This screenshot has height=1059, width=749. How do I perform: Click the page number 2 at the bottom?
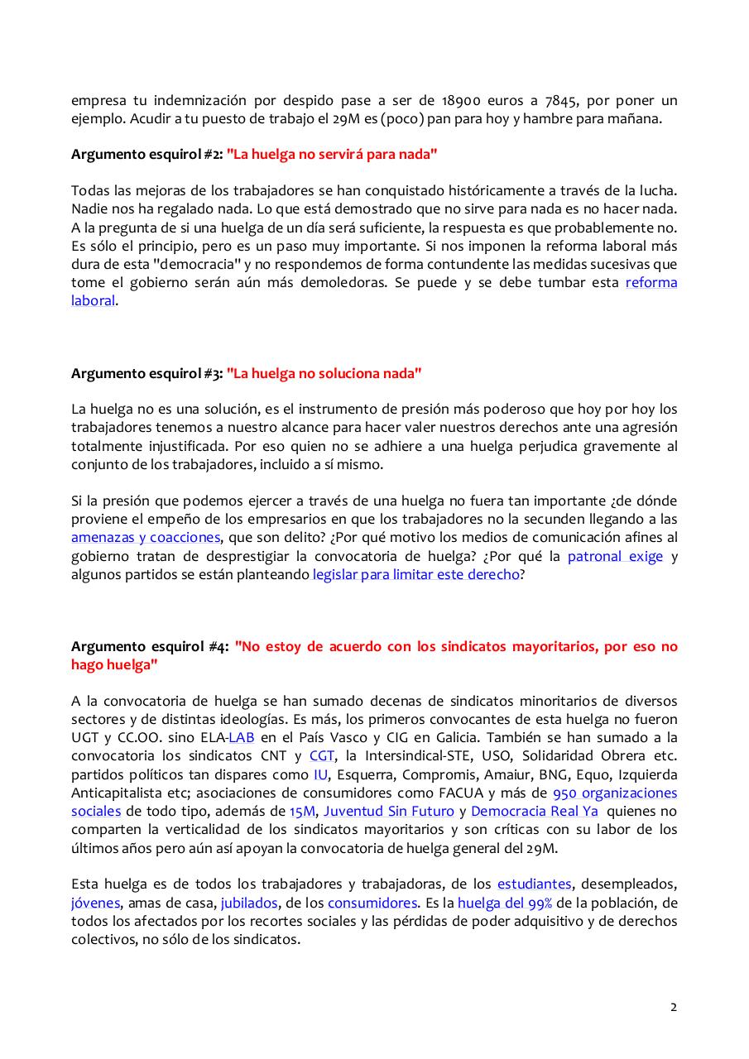(673, 1007)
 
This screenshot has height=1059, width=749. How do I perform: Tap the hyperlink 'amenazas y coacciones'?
(146, 538)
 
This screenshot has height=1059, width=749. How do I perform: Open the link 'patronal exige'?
(615, 556)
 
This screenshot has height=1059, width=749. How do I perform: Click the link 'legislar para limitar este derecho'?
(416, 574)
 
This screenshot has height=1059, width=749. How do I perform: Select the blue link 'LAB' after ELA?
(241, 737)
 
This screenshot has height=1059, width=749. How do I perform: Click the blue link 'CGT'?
(321, 755)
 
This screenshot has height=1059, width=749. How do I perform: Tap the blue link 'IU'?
(320, 774)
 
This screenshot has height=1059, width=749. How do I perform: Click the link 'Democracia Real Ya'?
(535, 811)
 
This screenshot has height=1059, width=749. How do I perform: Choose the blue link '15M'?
(302, 811)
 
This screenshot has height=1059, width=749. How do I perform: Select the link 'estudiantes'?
(534, 884)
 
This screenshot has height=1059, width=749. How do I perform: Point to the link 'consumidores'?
(372, 903)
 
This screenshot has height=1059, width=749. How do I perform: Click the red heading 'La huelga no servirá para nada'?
(332, 154)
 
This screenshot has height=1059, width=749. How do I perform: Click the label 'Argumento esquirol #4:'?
(149, 646)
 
